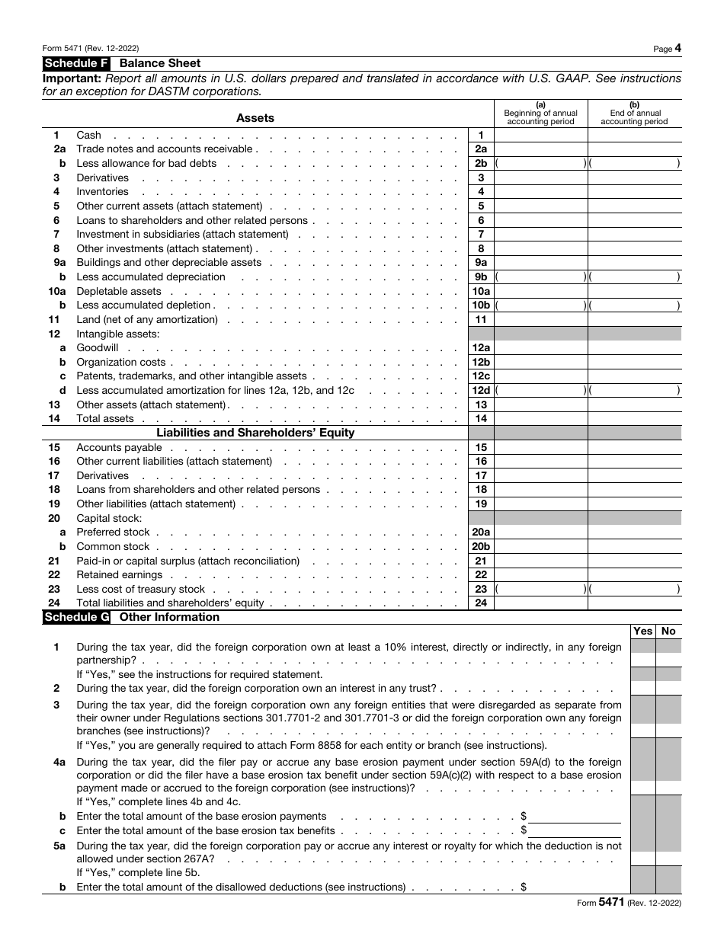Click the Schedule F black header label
coord(77,64)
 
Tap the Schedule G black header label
coord(77,617)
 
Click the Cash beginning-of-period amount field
coord(540,135)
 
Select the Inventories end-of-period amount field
coord(634,192)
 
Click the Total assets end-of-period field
coord(634,419)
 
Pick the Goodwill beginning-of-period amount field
coord(540,348)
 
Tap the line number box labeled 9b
coord(481,277)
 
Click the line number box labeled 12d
coord(481,391)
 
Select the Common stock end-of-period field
coord(634,547)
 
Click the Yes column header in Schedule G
coord(643,632)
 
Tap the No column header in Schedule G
coord(669,632)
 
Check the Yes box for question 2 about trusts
coord(643,688)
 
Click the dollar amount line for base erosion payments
coord(575,816)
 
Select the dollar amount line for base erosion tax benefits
coord(575,830)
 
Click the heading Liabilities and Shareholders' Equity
coord(255,433)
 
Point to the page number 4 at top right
coord(678,49)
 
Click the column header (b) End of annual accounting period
coord(634,114)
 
